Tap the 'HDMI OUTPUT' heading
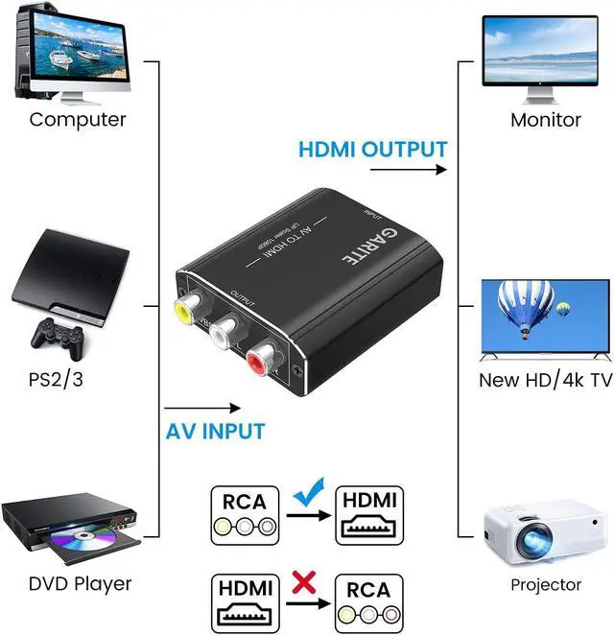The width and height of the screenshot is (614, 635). tap(372, 150)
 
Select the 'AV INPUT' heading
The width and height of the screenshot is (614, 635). tap(214, 431)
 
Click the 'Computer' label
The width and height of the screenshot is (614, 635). tap(78, 120)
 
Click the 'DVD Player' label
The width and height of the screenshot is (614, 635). tap(80, 582)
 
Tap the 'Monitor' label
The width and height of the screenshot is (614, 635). tap(545, 120)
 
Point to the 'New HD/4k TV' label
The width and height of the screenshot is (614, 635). tap(545, 380)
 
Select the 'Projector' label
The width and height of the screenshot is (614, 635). tap(545, 583)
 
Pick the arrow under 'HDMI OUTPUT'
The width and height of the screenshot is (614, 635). tap(409, 171)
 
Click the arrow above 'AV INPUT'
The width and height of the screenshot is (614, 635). tap(202, 407)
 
